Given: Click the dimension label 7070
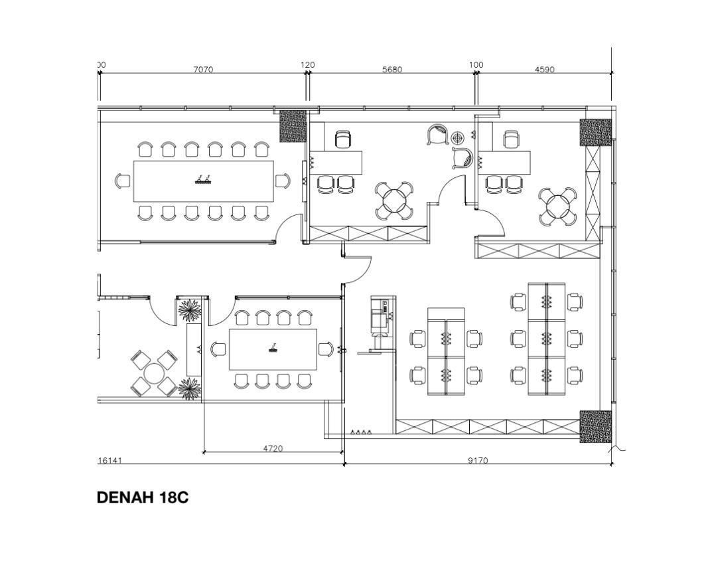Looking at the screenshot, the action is coord(203,70).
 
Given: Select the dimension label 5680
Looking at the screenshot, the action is coord(392,70).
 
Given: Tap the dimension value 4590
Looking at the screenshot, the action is coord(544,70).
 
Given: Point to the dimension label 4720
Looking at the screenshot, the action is coord(273,448).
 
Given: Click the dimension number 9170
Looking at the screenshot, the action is coord(478,461).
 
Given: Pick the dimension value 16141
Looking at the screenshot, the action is coord(110,461).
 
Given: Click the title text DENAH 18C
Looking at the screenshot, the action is coord(143,497).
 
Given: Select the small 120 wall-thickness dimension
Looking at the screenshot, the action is coord(308,65).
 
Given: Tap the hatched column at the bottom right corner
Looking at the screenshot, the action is coord(595,426).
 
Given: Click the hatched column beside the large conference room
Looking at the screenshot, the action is coord(293,126).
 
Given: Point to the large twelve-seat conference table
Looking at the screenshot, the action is coord(204,181).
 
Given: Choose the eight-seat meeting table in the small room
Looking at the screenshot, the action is coord(273,349).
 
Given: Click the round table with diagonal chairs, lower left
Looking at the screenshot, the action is coord(154,374).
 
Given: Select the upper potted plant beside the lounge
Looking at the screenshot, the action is coord(189,311).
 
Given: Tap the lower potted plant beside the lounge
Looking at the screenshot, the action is coord(189,389).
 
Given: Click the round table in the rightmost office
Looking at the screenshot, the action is coord(558,206).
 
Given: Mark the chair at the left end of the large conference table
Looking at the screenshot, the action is coord(123,181).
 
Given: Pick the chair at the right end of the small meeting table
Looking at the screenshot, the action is coord(326,349).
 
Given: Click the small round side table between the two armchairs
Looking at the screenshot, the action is coord(457,137).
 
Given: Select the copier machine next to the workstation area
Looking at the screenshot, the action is coord(380,317).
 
